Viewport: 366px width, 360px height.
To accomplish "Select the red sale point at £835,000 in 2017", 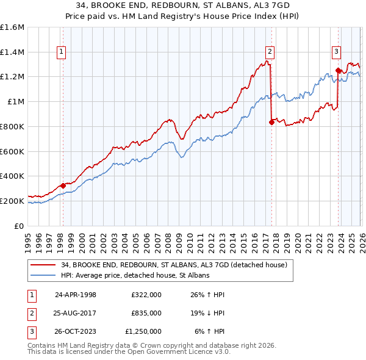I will click(271, 122).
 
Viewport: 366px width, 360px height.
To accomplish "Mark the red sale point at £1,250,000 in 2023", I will click(337, 71).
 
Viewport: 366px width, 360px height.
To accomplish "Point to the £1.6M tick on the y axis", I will click(12, 27).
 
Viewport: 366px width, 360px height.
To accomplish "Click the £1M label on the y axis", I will click(15, 102).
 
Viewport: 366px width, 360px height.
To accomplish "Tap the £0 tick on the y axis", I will click(20, 226).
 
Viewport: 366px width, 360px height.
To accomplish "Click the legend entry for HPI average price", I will click(135, 275).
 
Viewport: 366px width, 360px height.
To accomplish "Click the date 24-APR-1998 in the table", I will click(76, 294).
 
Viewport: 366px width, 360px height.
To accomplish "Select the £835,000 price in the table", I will click(146, 312).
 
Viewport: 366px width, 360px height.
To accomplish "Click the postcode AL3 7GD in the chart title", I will click(270, 4).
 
